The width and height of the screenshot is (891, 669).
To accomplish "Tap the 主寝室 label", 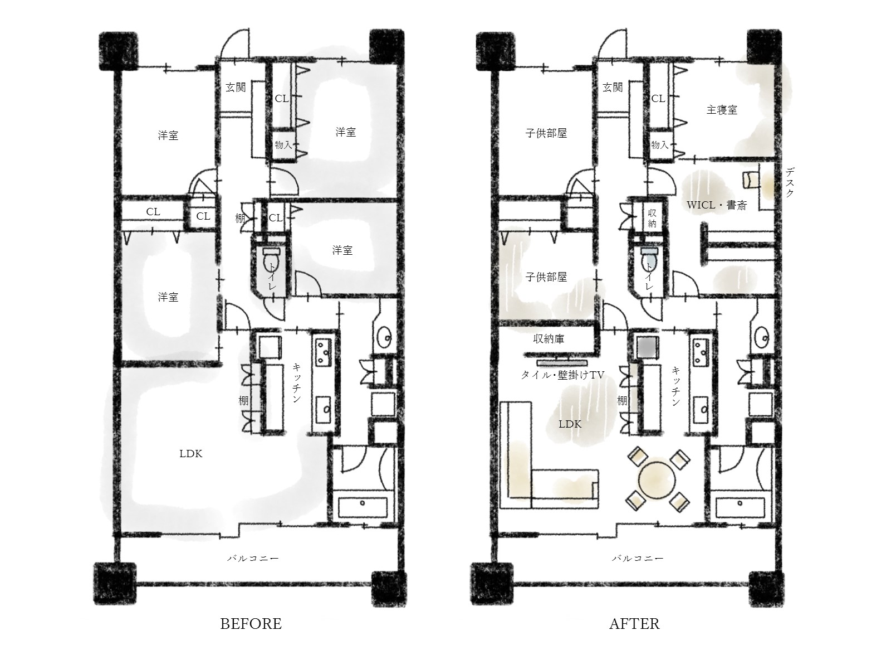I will [x=722, y=110].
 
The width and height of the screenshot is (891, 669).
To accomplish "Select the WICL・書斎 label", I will [x=716, y=205].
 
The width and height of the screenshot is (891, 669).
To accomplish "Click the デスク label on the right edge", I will [x=790, y=182].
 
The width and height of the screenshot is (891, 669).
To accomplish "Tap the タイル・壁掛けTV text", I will [x=562, y=375].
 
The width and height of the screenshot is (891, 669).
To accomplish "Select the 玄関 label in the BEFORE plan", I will [x=236, y=88].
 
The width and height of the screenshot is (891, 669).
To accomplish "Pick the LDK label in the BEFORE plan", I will [x=191, y=454].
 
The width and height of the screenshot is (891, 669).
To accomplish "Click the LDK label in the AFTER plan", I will [x=570, y=424].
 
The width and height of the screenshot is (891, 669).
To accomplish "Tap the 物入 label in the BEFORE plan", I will [x=283, y=145].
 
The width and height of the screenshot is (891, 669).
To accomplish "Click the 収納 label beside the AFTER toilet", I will [x=652, y=218].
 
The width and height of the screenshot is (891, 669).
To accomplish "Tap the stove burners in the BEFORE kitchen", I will [x=323, y=351].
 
